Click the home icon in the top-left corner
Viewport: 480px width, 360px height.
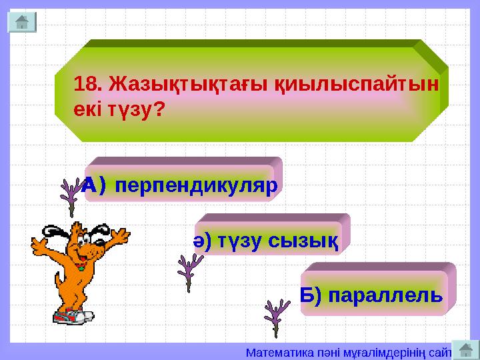[22, 22]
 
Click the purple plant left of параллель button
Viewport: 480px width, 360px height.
[276, 316]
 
